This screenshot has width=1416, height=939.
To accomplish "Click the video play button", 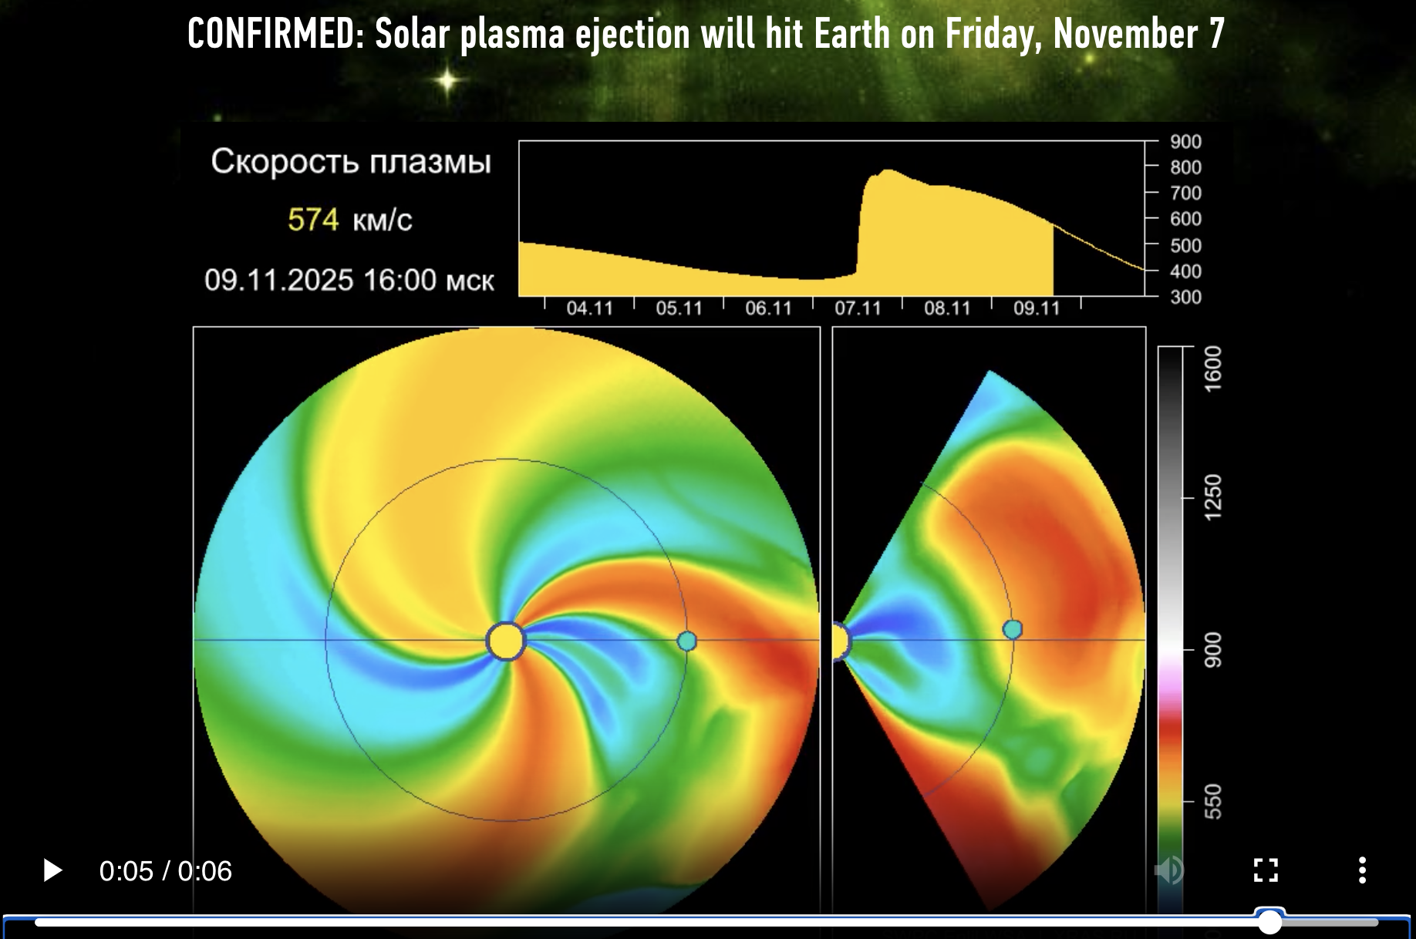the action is click(x=52, y=870).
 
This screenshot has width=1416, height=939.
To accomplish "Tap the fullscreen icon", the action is click(x=1266, y=870).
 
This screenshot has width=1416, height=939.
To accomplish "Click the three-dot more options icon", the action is click(x=1363, y=870).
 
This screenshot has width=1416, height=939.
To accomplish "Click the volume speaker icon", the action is click(x=1169, y=870).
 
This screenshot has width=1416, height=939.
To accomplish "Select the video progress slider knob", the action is click(x=1269, y=921).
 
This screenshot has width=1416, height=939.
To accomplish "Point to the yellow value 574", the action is click(x=313, y=220).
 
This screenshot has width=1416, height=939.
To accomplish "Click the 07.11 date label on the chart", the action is click(x=858, y=308).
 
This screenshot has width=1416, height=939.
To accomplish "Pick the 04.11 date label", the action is click(x=589, y=308).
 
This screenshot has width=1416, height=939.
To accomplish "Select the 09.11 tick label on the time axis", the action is click(x=1037, y=308).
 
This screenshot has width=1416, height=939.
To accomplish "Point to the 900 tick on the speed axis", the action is click(x=1185, y=142).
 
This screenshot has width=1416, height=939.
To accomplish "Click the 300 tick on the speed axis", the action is click(x=1185, y=297).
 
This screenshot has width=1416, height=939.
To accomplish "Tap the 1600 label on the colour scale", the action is click(x=1213, y=369).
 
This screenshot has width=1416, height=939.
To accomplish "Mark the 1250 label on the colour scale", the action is click(x=1213, y=497).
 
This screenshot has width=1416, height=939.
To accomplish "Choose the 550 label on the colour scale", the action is click(x=1213, y=801).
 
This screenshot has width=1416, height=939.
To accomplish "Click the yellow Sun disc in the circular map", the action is click(x=506, y=641).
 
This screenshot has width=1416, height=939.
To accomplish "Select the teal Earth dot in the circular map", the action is click(x=686, y=641).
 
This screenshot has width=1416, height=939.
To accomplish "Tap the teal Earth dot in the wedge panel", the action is click(x=1012, y=630).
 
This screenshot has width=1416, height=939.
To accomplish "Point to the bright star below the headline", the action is click(x=447, y=79).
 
